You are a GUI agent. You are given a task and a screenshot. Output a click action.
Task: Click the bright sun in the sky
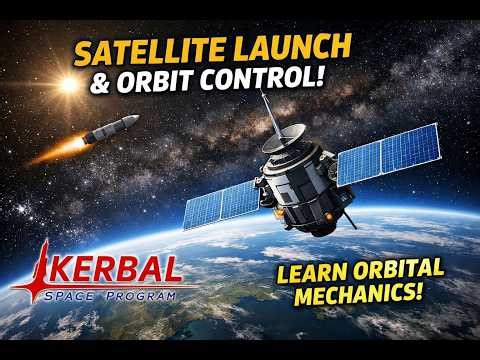[x=69, y=85]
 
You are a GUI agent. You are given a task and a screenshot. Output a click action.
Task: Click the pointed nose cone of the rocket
[x=134, y=120]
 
